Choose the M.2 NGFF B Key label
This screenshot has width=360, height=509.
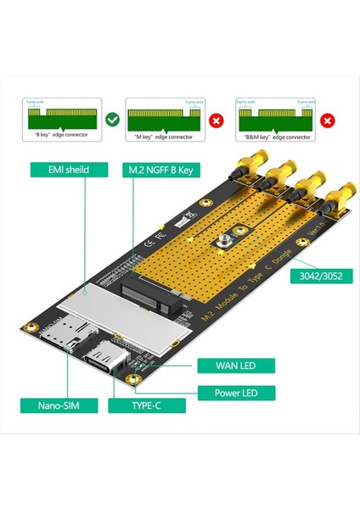coord(161,170)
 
